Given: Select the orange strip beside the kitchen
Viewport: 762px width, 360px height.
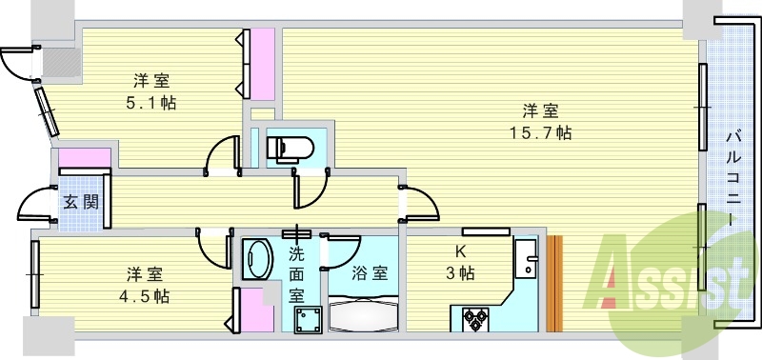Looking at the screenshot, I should tap(555, 283).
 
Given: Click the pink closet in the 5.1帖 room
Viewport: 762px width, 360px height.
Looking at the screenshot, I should tap(260, 63).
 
